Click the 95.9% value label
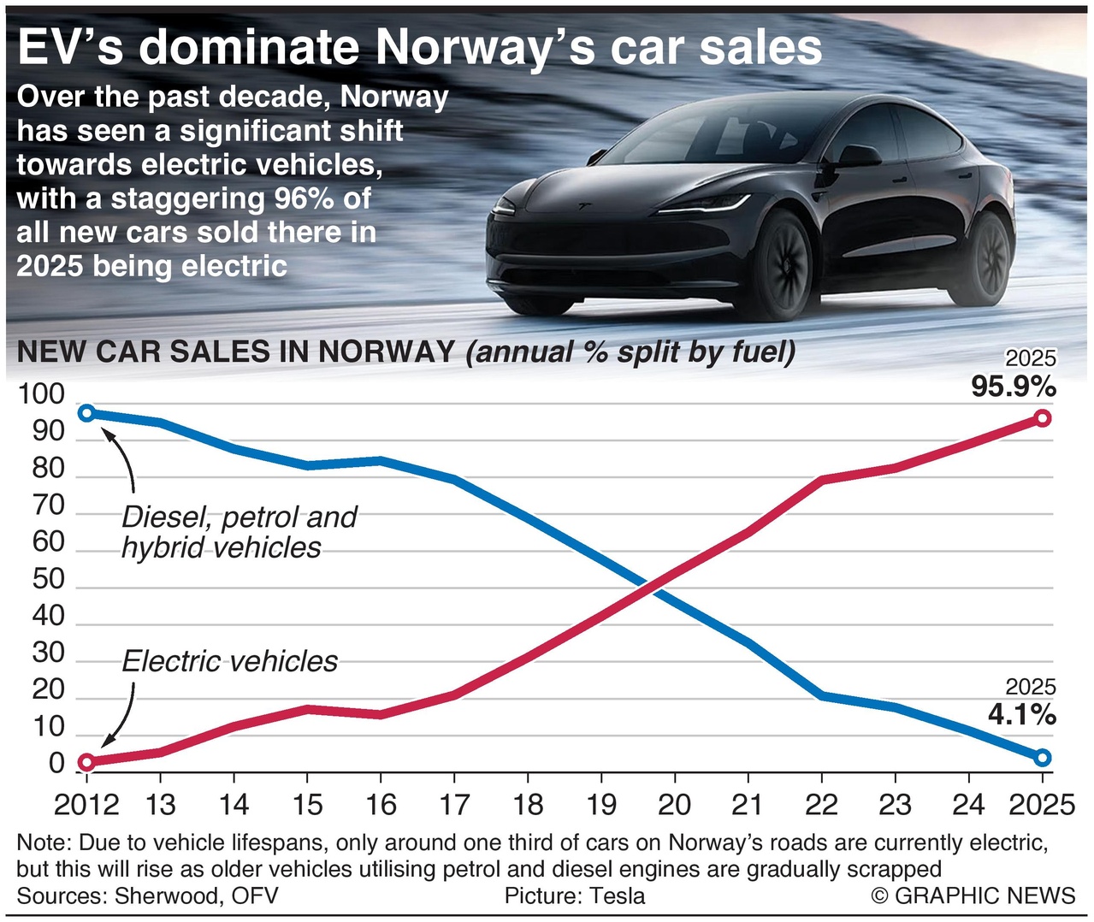point(1014,387)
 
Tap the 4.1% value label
point(1022,714)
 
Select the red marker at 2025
point(1043,418)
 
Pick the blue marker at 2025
point(1043,758)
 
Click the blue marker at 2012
point(87,413)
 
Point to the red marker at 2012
point(87,762)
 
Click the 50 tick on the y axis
point(48,579)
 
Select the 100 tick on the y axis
point(41,394)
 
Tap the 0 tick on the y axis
point(56,764)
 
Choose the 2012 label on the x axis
point(86,805)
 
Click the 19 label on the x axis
point(601,805)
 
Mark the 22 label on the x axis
point(821,805)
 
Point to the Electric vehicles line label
point(229,661)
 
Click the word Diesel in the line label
point(167,517)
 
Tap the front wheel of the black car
point(779,263)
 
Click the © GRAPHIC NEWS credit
point(973,895)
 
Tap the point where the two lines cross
point(653,586)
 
